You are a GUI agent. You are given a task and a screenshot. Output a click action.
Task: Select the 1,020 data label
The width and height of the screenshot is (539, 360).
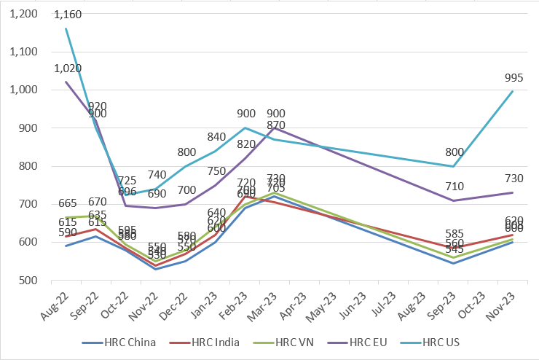point(66,68)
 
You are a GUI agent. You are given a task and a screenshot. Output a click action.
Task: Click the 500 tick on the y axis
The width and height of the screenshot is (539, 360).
point(30,280)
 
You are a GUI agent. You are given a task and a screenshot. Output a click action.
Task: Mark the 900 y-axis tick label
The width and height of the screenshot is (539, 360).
point(30,128)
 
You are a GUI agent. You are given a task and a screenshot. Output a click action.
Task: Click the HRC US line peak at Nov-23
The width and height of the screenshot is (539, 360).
point(513,91)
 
